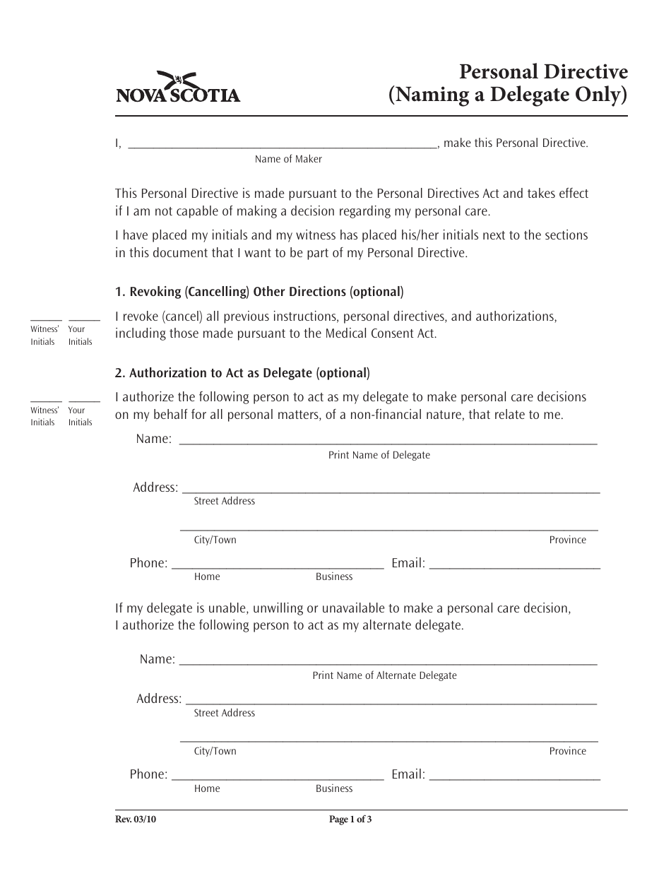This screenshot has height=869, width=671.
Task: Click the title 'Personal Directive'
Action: click(543, 72)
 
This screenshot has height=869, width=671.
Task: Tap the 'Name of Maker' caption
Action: click(288, 159)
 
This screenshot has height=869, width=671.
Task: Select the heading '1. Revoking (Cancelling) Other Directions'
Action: click(259, 291)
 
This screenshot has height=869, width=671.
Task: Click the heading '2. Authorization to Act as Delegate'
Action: click(242, 372)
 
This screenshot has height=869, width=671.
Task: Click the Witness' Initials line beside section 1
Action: click(45, 321)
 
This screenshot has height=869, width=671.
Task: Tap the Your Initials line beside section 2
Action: click(83, 401)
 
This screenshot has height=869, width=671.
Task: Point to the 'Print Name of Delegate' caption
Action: click(379, 455)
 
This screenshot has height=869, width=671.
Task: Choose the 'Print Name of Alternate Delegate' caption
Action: click(385, 675)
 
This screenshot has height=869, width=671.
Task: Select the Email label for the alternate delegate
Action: click(408, 774)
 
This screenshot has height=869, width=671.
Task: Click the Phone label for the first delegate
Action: click(148, 563)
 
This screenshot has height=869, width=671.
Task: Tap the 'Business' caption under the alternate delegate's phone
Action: click(334, 788)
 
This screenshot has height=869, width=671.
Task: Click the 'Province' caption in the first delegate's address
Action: click(568, 540)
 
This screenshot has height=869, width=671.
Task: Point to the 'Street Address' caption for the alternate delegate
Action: click(225, 713)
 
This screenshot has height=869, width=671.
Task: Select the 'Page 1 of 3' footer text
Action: click(350, 820)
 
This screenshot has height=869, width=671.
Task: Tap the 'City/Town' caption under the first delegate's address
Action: click(215, 540)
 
